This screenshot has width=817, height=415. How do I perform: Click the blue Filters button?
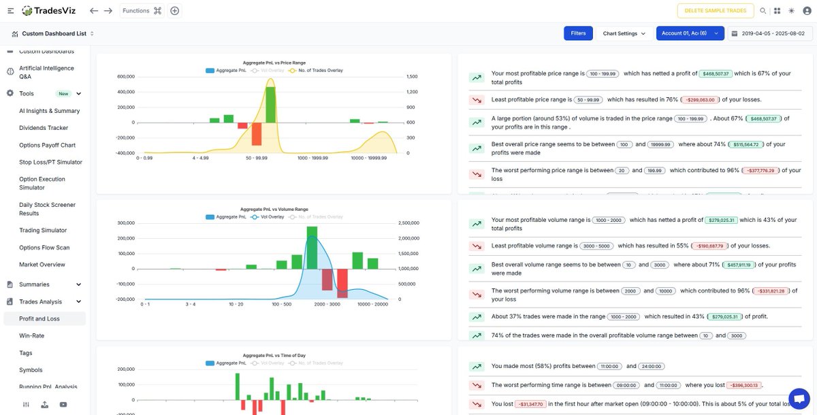[x=578, y=33]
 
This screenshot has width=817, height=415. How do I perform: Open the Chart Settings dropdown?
[x=624, y=33]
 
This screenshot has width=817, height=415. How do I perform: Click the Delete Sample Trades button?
[x=716, y=11]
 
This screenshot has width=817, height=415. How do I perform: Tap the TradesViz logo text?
[x=57, y=11]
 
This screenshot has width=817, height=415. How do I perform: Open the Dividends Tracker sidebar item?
[x=44, y=128]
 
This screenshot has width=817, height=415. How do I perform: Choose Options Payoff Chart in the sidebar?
[x=47, y=145]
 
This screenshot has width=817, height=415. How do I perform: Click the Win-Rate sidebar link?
[x=31, y=335]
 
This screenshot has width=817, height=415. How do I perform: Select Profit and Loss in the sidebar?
[x=39, y=318]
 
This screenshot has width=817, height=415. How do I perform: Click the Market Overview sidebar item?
[x=42, y=265]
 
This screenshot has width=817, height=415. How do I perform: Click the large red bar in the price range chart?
[x=256, y=133]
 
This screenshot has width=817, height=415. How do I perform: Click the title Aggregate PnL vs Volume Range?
[x=274, y=210]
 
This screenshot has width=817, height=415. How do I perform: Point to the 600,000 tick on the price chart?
[x=126, y=77]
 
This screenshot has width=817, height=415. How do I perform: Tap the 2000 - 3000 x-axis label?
[x=326, y=304]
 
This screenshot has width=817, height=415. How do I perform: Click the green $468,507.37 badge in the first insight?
[x=715, y=73]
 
